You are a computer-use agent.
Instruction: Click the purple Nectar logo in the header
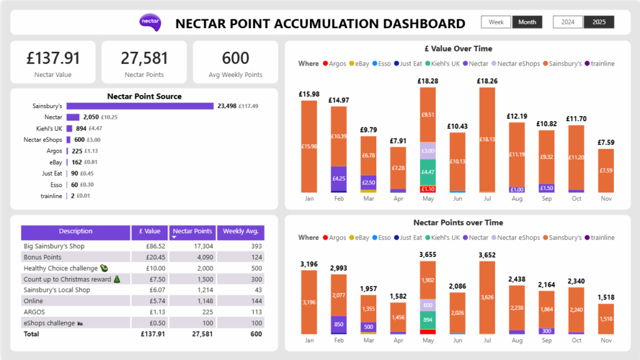point(150,22)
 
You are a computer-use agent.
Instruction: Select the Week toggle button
point(496,22)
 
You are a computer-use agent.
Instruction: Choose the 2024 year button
point(568,22)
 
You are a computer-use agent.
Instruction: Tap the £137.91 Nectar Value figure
point(53,58)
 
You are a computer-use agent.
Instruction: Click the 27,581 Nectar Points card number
point(144,58)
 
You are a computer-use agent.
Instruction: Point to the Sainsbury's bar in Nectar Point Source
point(140,106)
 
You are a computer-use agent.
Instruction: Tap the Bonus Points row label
point(42,257)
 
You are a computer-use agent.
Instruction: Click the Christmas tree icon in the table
point(117,279)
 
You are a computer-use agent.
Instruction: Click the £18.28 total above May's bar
point(427,81)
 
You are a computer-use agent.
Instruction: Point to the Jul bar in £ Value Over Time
point(487,139)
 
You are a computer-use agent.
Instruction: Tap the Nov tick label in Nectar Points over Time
point(606,341)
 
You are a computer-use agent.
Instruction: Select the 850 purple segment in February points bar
point(338,324)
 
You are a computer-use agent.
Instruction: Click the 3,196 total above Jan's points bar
point(309,264)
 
